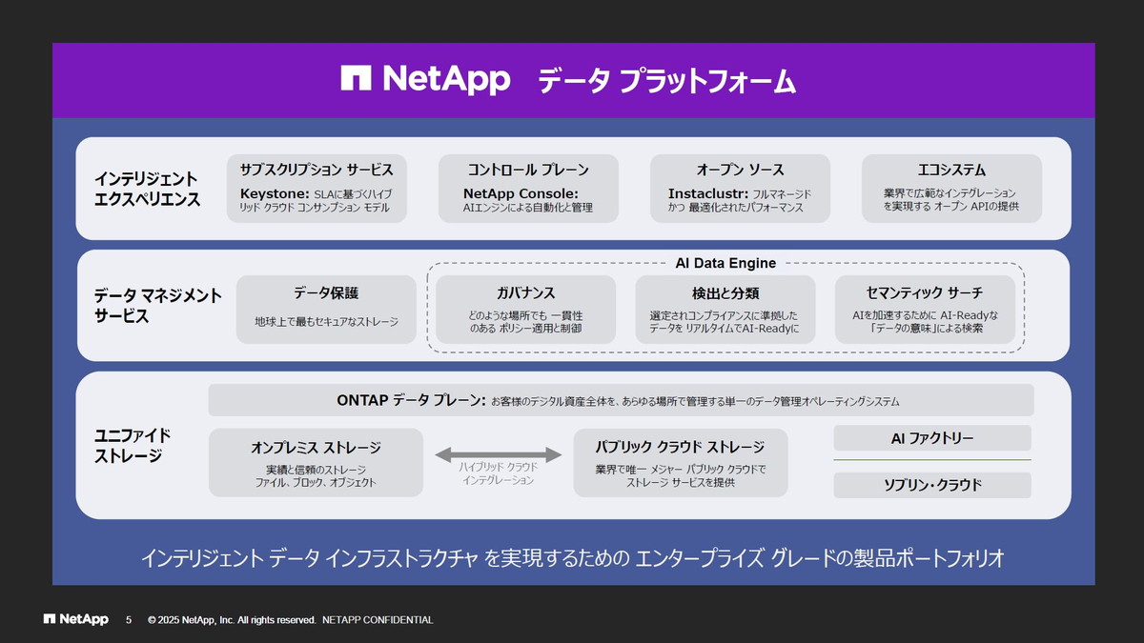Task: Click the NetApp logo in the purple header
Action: click(425, 80)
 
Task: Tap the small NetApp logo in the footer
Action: click(76, 620)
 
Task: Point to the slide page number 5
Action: click(129, 620)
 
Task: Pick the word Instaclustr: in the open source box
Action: click(708, 194)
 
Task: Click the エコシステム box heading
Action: click(950, 170)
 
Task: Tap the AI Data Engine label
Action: click(725, 263)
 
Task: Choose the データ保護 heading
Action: click(326, 292)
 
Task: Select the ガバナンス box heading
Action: click(525, 292)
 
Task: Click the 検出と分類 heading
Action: click(725, 292)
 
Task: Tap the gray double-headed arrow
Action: click(499, 454)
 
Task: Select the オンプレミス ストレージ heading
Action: click(316, 448)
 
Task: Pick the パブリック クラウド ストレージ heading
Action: click(680, 447)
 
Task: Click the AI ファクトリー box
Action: click(931, 438)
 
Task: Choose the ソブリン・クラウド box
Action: click(931, 485)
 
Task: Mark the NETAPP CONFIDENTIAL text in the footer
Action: click(378, 620)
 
